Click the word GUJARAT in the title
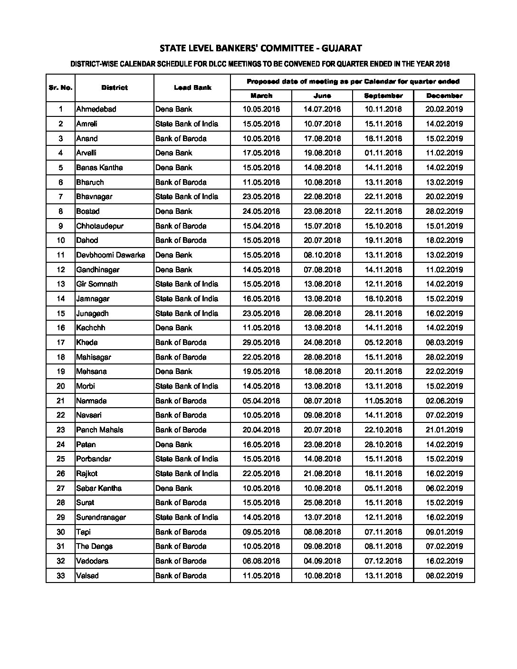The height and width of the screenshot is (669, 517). (x=341, y=48)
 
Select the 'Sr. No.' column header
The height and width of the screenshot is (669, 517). (x=60, y=87)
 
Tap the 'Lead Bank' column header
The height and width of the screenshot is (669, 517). (x=192, y=87)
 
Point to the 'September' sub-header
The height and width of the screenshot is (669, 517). (x=383, y=96)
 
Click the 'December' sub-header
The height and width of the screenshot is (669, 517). (x=444, y=96)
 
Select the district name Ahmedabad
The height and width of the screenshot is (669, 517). (x=96, y=109)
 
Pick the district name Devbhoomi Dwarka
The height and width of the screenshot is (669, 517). (x=111, y=255)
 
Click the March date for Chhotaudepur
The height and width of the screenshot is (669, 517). (x=261, y=226)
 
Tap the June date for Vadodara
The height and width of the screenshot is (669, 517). (x=322, y=561)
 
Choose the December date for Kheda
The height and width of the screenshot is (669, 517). (x=444, y=343)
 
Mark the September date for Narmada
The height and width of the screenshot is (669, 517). (x=383, y=401)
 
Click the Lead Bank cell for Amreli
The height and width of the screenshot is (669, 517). (x=187, y=124)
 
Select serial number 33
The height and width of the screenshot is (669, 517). (x=61, y=576)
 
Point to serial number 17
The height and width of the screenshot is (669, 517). (x=61, y=343)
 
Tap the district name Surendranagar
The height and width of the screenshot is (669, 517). (x=101, y=517)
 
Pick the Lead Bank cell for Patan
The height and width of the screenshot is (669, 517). (x=174, y=445)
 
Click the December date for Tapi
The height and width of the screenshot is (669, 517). (x=444, y=532)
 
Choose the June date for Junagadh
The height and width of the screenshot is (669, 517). (x=322, y=314)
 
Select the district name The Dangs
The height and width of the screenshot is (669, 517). (x=95, y=546)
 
